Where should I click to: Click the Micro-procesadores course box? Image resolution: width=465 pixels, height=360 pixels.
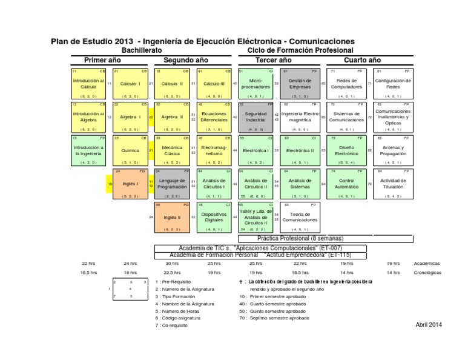click(x=255, y=83)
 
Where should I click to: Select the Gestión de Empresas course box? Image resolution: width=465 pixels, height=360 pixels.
click(x=300, y=83)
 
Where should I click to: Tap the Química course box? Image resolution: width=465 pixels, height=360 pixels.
click(x=130, y=150)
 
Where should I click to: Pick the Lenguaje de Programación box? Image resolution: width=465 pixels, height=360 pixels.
click(x=172, y=184)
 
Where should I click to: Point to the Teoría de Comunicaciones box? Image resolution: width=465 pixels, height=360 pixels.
click(x=300, y=217)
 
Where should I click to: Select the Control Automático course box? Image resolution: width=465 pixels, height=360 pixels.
click(x=346, y=184)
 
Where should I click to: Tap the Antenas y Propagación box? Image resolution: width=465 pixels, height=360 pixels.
click(x=393, y=150)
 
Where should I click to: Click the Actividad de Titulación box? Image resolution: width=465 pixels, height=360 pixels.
click(x=393, y=184)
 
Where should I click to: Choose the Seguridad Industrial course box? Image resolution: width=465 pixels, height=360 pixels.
click(x=255, y=116)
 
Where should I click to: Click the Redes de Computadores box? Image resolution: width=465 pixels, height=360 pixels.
click(x=346, y=83)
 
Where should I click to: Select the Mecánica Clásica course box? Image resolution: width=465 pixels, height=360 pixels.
click(x=172, y=150)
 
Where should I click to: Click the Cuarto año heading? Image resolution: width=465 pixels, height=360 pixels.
click(x=362, y=60)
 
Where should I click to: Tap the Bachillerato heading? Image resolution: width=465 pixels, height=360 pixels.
click(x=142, y=50)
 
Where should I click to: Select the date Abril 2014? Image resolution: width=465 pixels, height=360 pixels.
click(x=429, y=325)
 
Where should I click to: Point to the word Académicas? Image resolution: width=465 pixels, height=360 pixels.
click(x=426, y=263)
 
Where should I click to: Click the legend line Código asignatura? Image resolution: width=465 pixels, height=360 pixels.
click(x=180, y=318)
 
